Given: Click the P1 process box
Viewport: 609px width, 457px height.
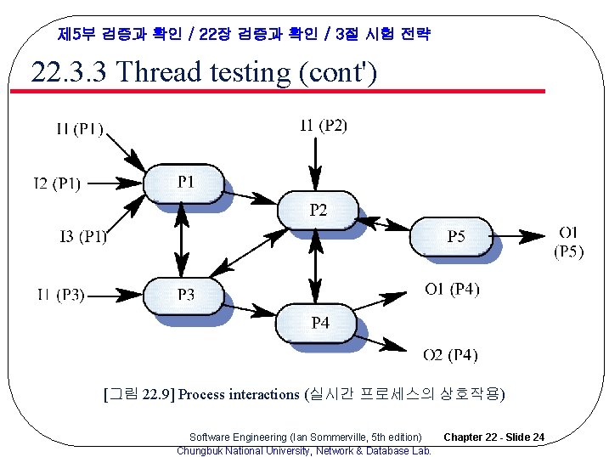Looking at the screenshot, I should pyautogui.click(x=185, y=182).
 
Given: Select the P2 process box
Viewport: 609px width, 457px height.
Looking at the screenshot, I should pyautogui.click(x=318, y=210).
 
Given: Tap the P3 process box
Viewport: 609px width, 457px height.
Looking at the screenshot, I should pyautogui.click(x=185, y=295).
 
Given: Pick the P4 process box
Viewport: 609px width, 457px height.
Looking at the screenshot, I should pyautogui.click(x=319, y=323).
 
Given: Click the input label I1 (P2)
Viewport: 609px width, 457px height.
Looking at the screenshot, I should pyautogui.click(x=324, y=126).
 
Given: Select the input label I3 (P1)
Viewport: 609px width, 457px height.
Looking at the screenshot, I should pyautogui.click(x=83, y=236).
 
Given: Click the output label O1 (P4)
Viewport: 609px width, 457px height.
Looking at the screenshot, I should pyautogui.click(x=452, y=290).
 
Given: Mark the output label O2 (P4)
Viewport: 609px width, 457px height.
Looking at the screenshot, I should pyautogui.click(x=451, y=354).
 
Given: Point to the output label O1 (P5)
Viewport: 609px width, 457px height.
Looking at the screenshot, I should pyautogui.click(x=569, y=241).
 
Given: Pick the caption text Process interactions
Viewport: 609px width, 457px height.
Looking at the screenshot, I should pyautogui.click(x=239, y=394).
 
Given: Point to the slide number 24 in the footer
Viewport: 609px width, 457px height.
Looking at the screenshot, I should pyautogui.click(x=538, y=437).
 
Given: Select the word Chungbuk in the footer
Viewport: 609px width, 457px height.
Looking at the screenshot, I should pyautogui.click(x=198, y=450).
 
